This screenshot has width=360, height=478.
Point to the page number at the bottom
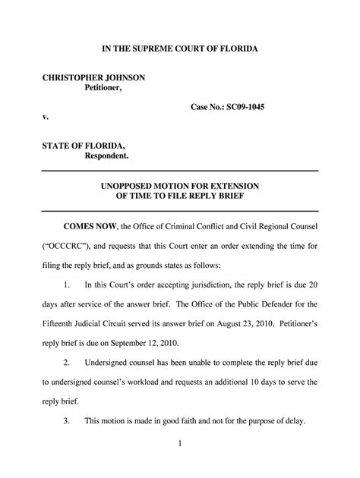pyautogui.click(x=179, y=462)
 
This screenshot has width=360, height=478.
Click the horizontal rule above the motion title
pyautogui.click(x=179, y=172)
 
